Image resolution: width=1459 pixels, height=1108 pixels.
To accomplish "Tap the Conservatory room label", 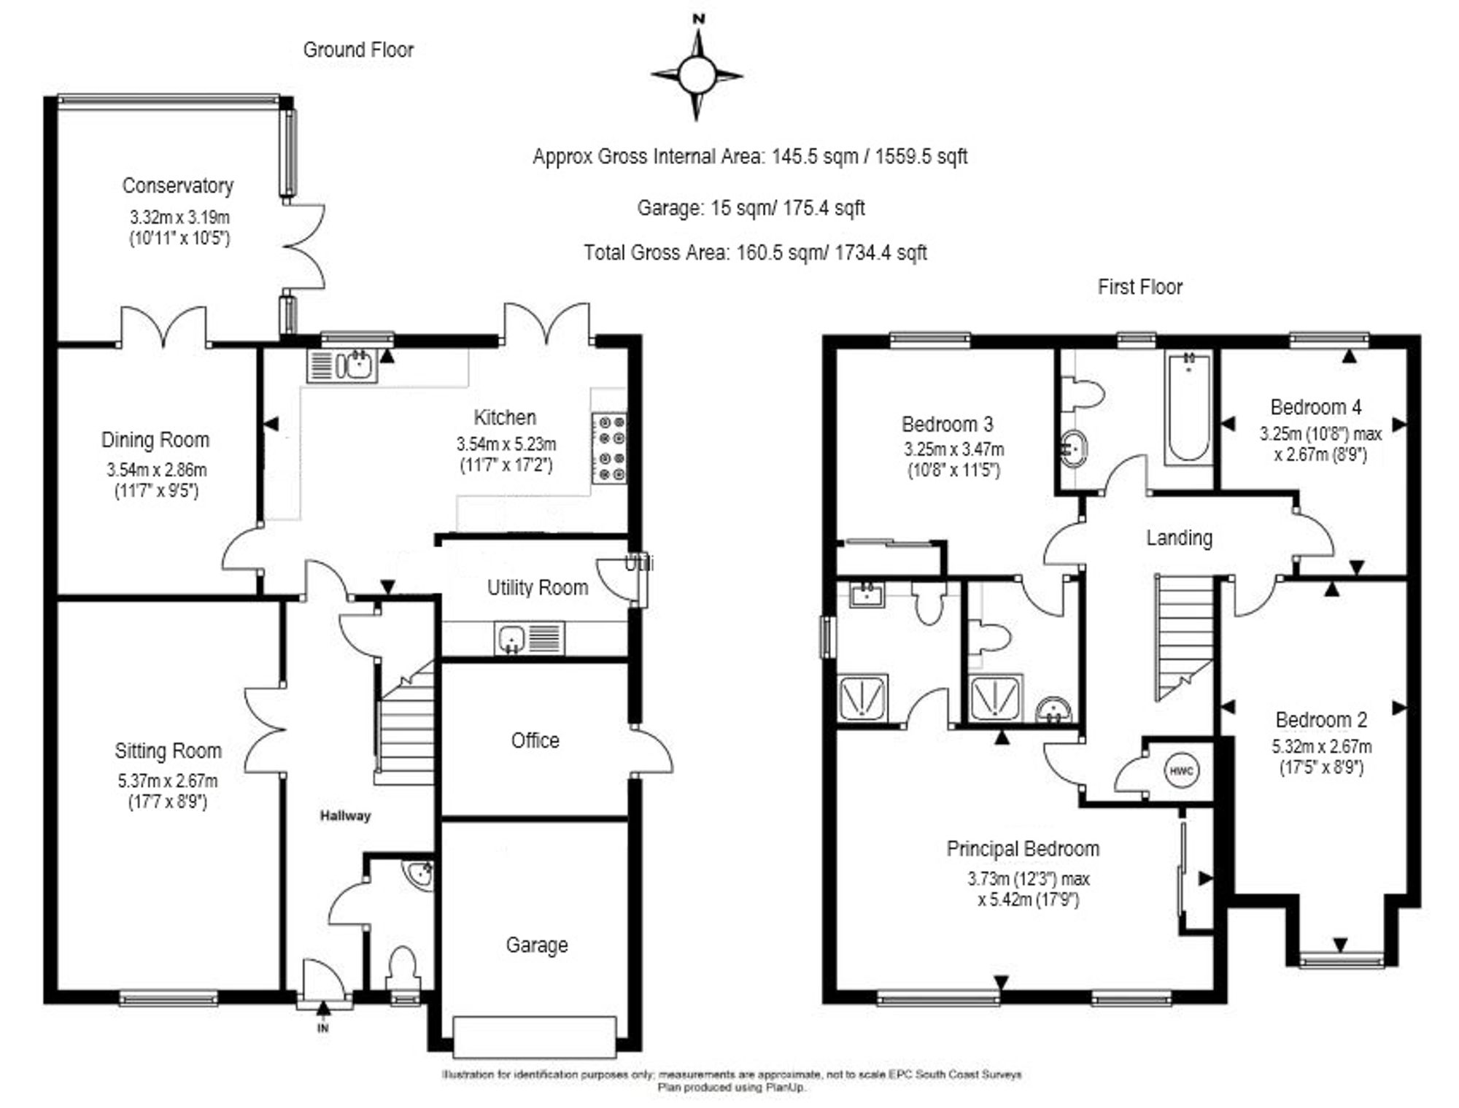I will click(177, 186).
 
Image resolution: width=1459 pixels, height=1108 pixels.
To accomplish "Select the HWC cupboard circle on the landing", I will click(1179, 771).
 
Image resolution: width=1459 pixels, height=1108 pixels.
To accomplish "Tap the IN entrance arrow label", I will click(323, 1028).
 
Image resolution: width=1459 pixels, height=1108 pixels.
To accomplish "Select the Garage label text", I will click(536, 945).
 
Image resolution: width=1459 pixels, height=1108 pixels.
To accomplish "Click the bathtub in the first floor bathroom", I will click(1188, 407).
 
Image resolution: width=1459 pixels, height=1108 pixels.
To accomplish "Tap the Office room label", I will click(535, 740).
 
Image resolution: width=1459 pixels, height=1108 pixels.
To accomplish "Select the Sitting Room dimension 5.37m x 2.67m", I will click(168, 781).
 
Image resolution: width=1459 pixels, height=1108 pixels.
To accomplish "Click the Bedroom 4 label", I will click(1315, 407).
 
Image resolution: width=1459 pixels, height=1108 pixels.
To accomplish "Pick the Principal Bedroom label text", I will click(1023, 849).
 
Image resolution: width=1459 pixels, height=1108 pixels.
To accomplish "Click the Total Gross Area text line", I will click(755, 253).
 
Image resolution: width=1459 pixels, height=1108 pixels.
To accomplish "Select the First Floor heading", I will click(1139, 287).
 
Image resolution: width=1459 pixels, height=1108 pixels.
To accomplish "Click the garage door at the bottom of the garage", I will click(535, 1036).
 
